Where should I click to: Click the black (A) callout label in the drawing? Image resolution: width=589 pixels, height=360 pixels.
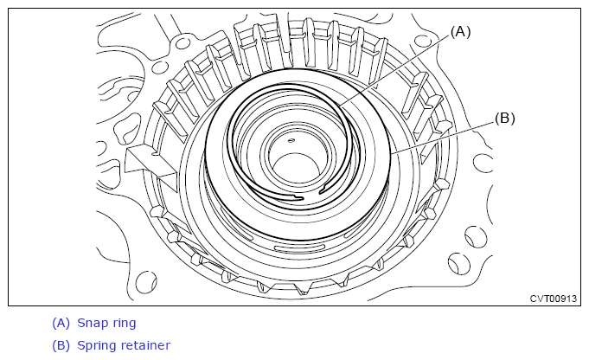pyautogui.click(x=460, y=32)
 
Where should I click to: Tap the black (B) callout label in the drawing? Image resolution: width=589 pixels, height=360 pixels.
pyautogui.click(x=504, y=119)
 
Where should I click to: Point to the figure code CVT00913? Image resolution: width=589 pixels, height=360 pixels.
pyautogui.click(x=553, y=299)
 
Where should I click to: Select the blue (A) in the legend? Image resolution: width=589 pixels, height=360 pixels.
pyautogui.click(x=61, y=323)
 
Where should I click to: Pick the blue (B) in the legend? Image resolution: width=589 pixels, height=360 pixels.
pyautogui.click(x=61, y=345)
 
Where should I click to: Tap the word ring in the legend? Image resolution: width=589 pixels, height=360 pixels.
pyautogui.click(x=123, y=324)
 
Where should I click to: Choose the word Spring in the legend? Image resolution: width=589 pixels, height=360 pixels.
pyautogui.click(x=97, y=345)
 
